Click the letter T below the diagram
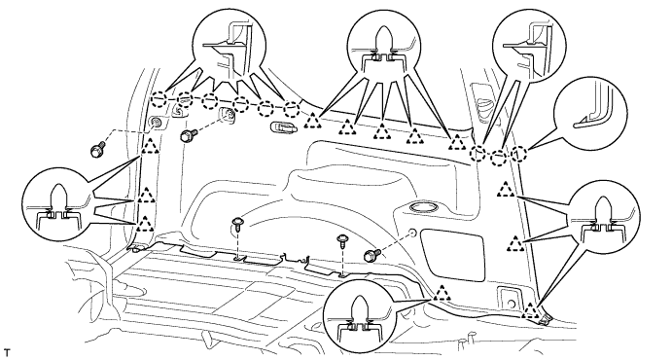click(x=6, y=353)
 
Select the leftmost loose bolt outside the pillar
click(x=96, y=151)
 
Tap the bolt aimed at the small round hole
click(x=370, y=255)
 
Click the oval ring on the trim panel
click(x=423, y=208)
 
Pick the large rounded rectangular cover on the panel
click(x=452, y=249)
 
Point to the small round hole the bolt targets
click(x=412, y=234)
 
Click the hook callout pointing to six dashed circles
click(x=230, y=47)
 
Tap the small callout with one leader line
click(x=590, y=113)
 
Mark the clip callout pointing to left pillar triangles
click(x=58, y=204)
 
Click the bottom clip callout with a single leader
click(x=360, y=316)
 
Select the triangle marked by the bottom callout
click(x=442, y=293)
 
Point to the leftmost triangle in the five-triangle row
click(x=313, y=122)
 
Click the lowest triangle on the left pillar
click(x=145, y=224)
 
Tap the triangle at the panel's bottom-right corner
click(x=531, y=310)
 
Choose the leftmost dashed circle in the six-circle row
click(x=159, y=99)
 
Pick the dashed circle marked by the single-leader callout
click(x=518, y=154)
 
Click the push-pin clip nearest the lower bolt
click(x=342, y=241)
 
